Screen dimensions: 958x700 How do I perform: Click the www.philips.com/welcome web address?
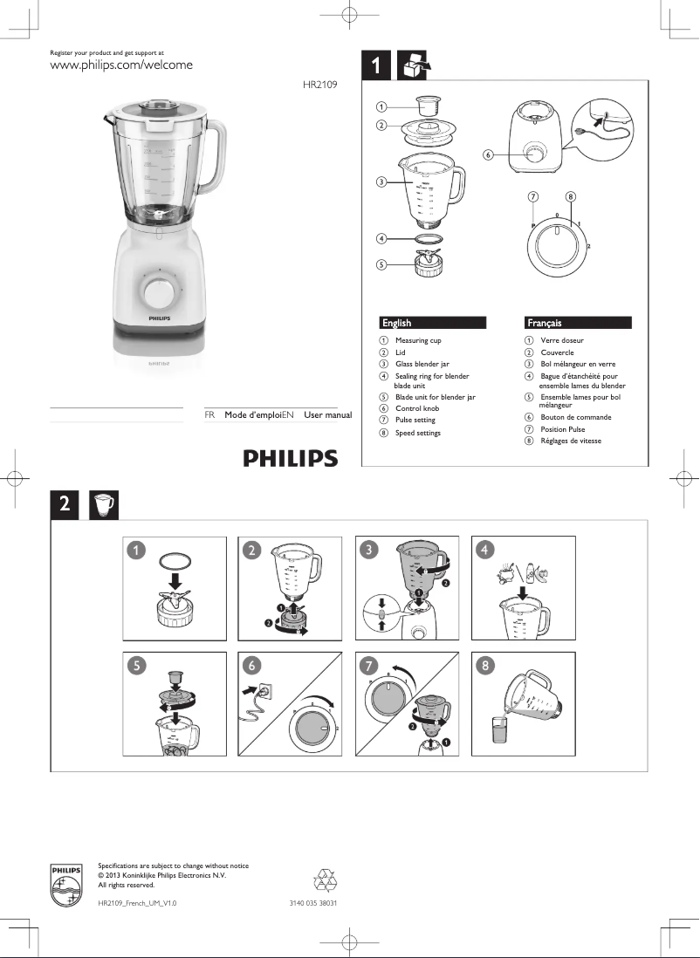120,65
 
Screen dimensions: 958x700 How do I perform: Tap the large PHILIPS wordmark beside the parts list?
290,457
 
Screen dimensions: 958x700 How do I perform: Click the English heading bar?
433,323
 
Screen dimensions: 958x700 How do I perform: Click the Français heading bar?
577,323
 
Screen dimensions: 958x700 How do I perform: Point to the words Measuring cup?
418,340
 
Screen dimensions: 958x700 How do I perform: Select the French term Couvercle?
557,352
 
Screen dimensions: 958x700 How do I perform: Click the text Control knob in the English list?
417,408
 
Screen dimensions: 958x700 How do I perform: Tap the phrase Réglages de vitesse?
571,441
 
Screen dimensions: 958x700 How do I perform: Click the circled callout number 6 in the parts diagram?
488,155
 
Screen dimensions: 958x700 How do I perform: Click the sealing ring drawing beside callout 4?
428,238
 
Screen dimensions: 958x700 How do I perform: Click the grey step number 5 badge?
135,665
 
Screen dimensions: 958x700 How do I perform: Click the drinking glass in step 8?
500,730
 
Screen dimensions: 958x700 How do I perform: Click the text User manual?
327,415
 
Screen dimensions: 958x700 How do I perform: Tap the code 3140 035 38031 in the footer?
313,903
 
